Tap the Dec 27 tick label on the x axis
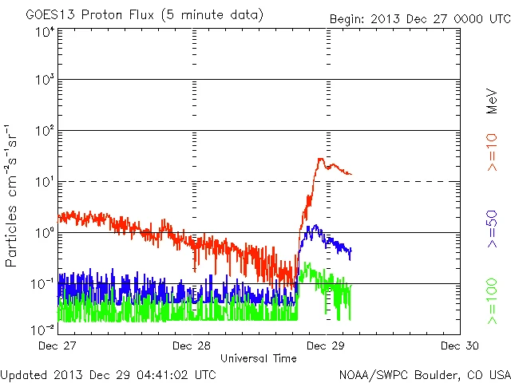point(58,345)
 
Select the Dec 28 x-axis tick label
point(192,345)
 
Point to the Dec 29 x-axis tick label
point(327,345)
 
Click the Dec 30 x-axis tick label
point(460,345)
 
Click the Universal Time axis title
point(259,358)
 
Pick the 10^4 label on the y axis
point(45,31)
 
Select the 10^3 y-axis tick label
point(45,80)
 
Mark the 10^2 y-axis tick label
point(45,131)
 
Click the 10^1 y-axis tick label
point(45,182)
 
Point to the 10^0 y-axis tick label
point(45,233)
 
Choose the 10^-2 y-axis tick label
point(43,330)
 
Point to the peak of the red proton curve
point(320,159)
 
